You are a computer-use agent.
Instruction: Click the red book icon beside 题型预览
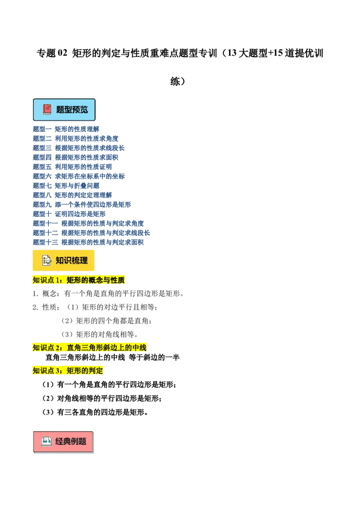tap(47, 109)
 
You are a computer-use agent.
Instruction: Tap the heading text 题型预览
tap(72, 109)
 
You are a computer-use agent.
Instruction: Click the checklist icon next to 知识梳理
tap(47, 260)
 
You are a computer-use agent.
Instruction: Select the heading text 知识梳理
tap(72, 260)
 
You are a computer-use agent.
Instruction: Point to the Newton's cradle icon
tap(46, 441)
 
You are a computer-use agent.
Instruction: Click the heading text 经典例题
tap(71, 441)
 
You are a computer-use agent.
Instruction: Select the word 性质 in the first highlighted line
tap(118, 280)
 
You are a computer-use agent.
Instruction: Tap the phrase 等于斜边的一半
tap(154, 357)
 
